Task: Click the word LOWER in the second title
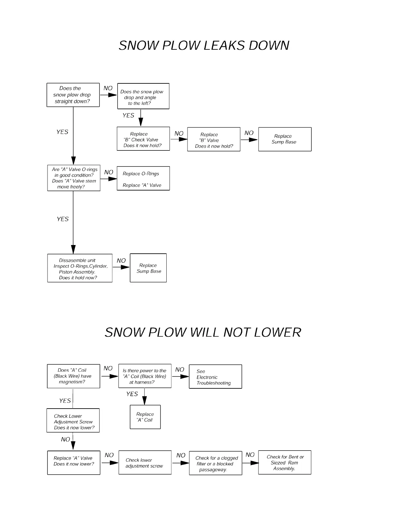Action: point(277,332)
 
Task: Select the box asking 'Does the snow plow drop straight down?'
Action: point(73,95)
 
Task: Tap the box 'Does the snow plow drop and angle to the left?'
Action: point(143,96)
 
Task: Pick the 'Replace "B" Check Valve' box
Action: point(143,139)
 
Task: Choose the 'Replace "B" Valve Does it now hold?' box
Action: point(214,140)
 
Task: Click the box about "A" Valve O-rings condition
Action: point(74,178)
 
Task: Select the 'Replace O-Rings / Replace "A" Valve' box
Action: point(143,179)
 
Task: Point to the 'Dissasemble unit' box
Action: point(80,268)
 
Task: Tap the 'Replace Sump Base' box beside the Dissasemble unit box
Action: point(148,268)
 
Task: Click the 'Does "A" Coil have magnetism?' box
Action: point(73,376)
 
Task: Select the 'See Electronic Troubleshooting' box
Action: point(215,377)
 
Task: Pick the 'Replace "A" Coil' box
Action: point(145,417)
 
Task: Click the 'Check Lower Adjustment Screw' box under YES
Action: point(73,420)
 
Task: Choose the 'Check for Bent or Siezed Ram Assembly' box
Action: point(284,462)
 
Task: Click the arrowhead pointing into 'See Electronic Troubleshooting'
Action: point(185,377)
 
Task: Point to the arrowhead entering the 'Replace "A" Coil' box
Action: point(144,401)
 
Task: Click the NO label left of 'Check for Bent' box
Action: point(250,455)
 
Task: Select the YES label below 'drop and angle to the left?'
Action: point(128,115)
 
